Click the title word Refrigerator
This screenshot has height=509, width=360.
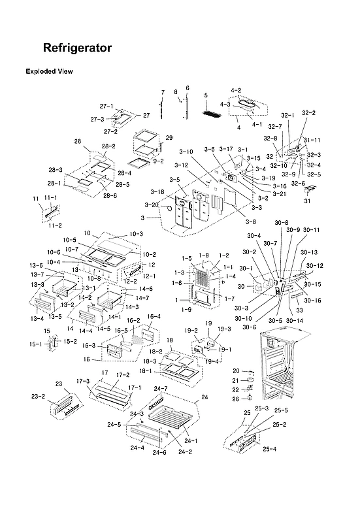[76, 48]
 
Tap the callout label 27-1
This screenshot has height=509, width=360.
[106, 107]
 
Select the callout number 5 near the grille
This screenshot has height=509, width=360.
[206, 95]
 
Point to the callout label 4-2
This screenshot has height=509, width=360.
[236, 90]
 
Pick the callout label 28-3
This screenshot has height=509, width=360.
[55, 170]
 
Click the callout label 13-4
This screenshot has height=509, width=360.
[37, 318]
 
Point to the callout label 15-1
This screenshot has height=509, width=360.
[35, 344]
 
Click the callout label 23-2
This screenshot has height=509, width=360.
[38, 397]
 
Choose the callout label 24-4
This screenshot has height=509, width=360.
[137, 448]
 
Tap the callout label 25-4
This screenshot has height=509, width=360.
[270, 449]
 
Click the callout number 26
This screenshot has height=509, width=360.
[236, 400]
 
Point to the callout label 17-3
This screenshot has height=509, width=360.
[82, 381]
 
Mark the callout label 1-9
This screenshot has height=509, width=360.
[186, 309]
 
